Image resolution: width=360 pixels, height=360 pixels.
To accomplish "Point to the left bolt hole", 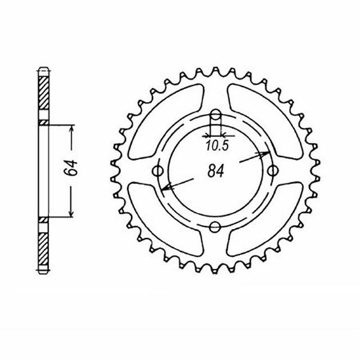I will click(157, 171).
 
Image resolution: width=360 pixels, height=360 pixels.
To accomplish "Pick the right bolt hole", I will click(273, 171).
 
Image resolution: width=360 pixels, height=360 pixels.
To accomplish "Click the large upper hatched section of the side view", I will click(44, 96).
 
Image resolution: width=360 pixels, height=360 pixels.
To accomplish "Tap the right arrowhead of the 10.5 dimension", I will click(223, 135).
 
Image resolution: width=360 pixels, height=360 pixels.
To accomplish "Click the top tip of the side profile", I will click(44, 69).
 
